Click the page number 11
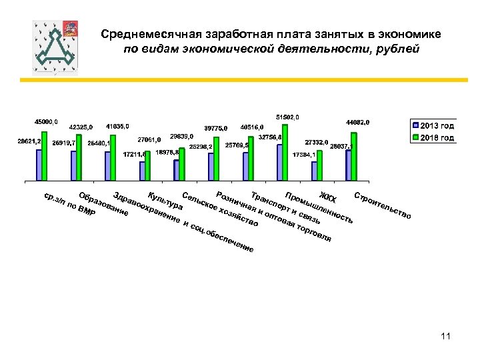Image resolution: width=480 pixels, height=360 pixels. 446,337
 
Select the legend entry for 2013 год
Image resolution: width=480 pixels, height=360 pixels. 433,125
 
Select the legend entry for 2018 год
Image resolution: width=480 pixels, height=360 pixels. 433,138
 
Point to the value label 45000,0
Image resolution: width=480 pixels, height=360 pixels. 46,122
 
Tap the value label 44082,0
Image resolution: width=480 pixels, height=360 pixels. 357,123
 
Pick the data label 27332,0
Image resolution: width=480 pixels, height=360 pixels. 316,142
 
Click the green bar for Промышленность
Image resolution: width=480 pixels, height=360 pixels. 285,153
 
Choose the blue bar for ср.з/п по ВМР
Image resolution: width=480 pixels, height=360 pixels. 39,165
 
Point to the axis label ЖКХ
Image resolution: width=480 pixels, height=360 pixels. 327,197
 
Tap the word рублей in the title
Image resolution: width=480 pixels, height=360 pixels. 397,49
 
